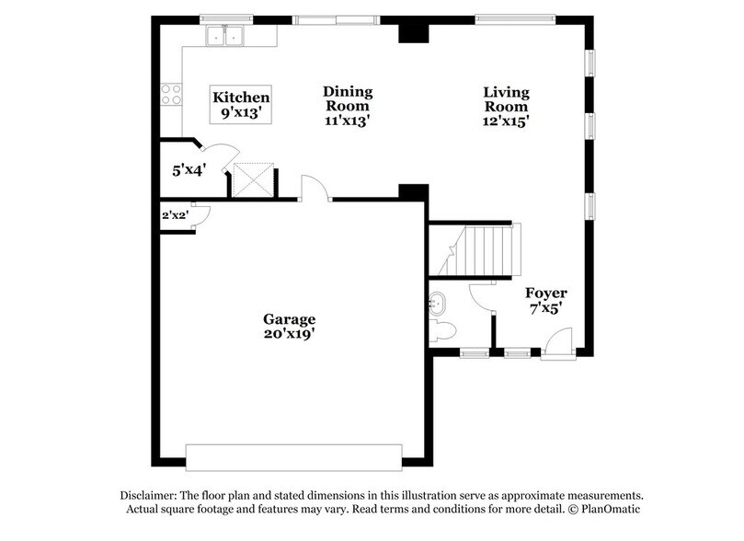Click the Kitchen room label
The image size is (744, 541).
point(241,97)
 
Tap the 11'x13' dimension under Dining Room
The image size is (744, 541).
point(347,119)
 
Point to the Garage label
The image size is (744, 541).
point(289,319)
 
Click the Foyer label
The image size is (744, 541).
point(546,294)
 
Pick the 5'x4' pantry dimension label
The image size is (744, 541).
point(189,169)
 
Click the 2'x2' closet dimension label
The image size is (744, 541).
point(175,215)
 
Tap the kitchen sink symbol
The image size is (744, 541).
point(225,37)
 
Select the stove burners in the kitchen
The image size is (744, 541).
point(171,94)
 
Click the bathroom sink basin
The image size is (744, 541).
point(439,302)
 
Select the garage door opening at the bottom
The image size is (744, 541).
point(293,456)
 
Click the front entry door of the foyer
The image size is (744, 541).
point(556,347)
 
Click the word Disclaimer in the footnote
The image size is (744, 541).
point(152,494)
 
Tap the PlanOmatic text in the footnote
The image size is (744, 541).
point(610,509)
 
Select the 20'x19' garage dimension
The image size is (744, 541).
point(289,336)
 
